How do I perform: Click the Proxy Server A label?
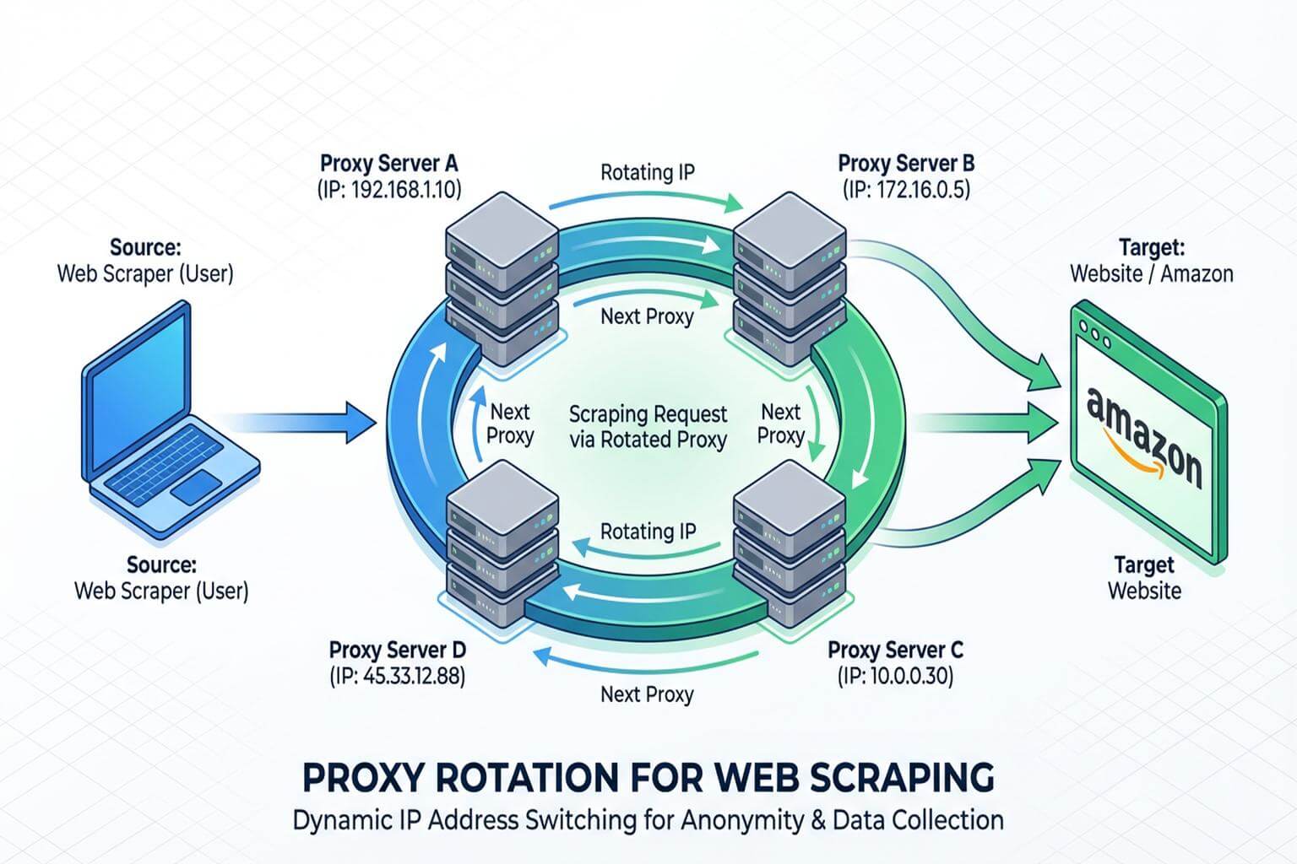pos(388,164)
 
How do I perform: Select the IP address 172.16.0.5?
pos(906,189)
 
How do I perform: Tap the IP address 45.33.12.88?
pos(397,676)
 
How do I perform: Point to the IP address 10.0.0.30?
pos(895,676)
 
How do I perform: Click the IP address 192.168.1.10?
pos(389,189)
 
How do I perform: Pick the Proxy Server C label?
pos(895,650)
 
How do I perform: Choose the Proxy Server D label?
pos(397,650)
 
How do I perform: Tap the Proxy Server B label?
pos(906,164)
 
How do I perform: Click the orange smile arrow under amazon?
pos(1131,451)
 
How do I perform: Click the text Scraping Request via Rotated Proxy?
pos(648,427)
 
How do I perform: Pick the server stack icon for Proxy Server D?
pos(502,544)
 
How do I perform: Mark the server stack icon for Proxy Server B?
pos(790,278)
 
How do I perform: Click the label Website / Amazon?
pos(1151,273)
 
